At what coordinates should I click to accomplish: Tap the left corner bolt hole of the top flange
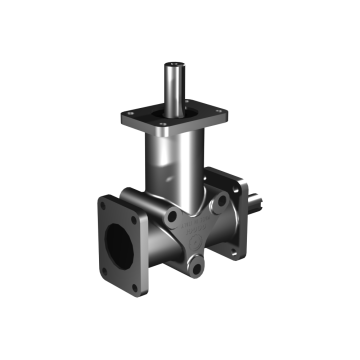(x=126, y=117)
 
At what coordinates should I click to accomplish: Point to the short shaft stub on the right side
(x=259, y=203)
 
